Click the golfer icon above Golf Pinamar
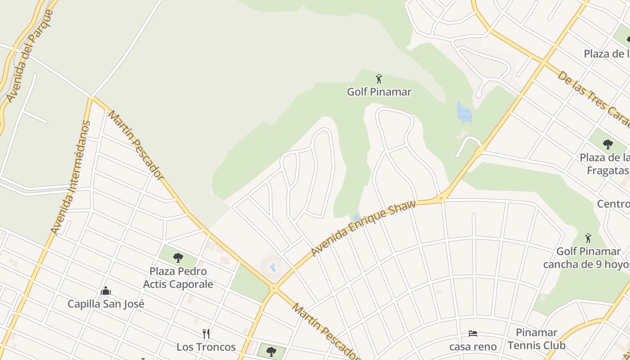(x=379, y=79)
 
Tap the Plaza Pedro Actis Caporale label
(x=178, y=278)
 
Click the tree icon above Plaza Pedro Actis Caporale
(x=178, y=258)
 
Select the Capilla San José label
(x=106, y=304)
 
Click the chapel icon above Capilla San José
(x=106, y=291)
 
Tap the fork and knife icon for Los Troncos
(x=206, y=333)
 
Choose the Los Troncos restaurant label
(x=206, y=347)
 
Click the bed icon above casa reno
(x=472, y=333)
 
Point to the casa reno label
(x=473, y=346)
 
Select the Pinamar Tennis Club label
(x=536, y=339)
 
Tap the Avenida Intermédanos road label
(x=71, y=178)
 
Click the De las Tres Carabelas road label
(x=594, y=99)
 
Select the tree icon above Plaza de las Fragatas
(x=608, y=144)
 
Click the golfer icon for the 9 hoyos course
(x=588, y=238)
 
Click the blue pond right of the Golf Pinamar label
(x=464, y=113)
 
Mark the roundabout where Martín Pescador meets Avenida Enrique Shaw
(x=273, y=288)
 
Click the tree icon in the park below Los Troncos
(x=271, y=351)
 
